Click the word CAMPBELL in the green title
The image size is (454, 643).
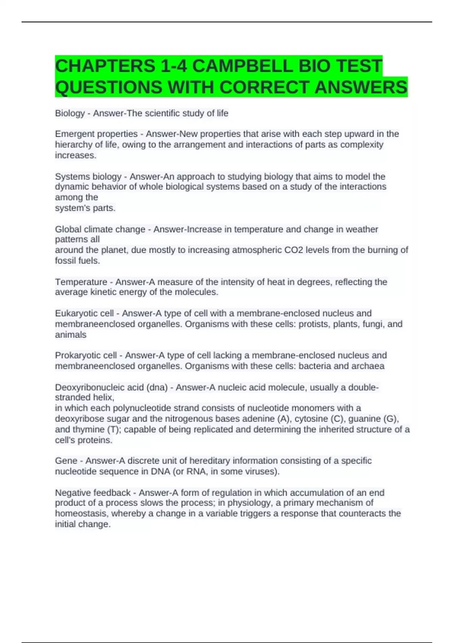242,66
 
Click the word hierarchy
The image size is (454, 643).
73,144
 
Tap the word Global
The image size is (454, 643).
68,229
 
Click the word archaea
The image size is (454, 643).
369,366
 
